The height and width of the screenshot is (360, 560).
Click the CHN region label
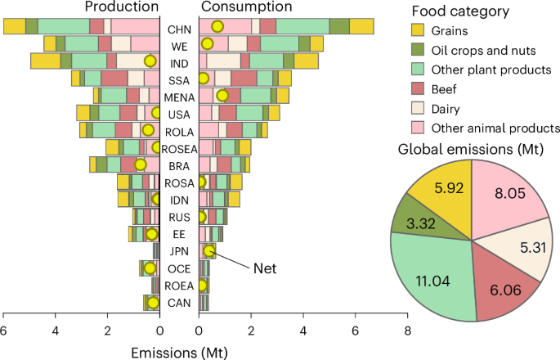click(179, 28)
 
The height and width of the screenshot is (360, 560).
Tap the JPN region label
click(179, 251)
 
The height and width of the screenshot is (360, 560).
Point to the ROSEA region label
click(179, 148)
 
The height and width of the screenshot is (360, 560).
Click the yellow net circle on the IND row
click(150, 61)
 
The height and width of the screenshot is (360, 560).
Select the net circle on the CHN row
click(217, 26)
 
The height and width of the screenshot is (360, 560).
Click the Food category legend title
click(460, 12)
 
